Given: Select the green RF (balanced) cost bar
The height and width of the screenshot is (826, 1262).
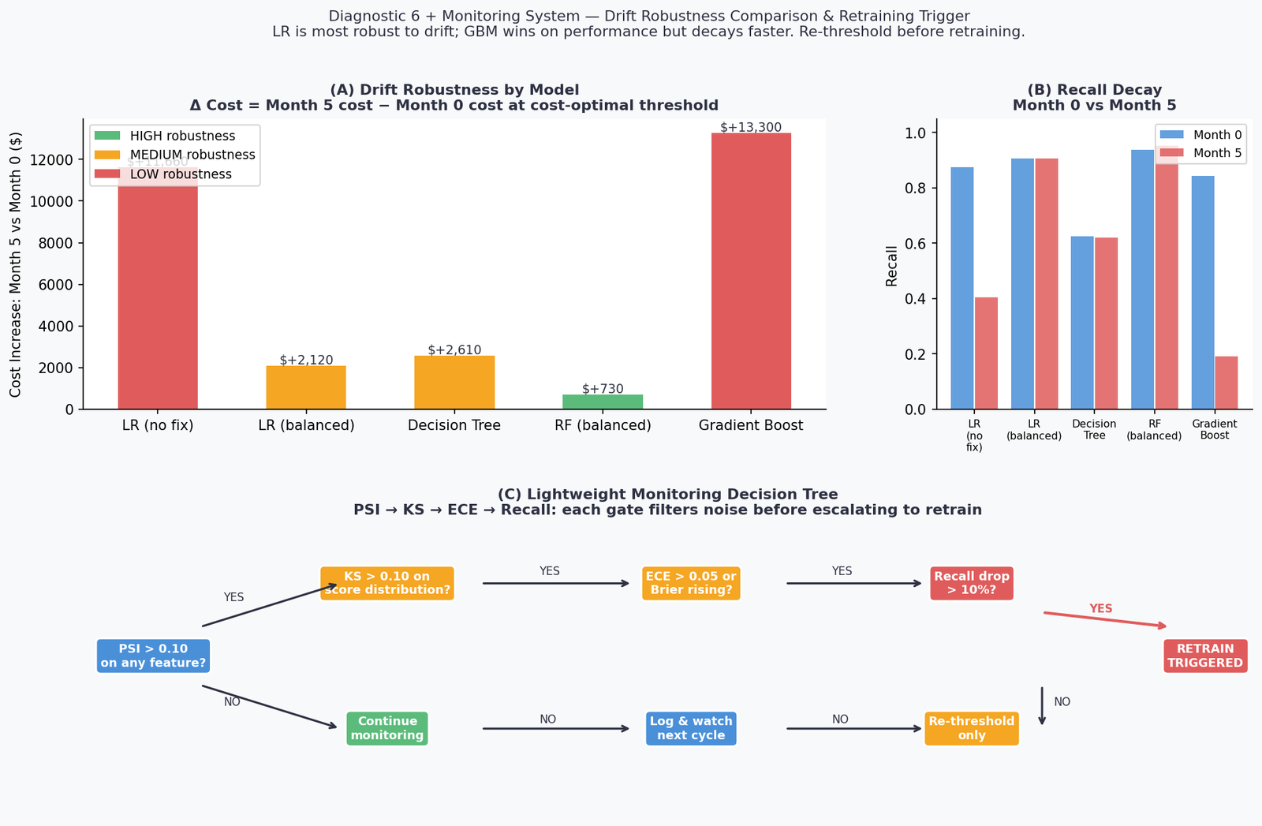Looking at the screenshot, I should click(x=603, y=402).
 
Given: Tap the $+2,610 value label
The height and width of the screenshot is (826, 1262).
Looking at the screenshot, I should click(x=454, y=349).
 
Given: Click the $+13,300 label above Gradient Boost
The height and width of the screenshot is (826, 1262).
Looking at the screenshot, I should click(x=751, y=127).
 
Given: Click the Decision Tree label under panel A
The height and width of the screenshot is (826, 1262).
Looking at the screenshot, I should click(x=454, y=425).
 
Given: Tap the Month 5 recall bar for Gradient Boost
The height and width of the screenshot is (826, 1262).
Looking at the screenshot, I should click(x=1227, y=383).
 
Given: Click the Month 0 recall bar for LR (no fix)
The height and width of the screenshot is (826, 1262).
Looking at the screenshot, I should click(x=962, y=288).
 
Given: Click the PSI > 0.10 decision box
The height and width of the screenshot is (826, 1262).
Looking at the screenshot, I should click(x=153, y=656).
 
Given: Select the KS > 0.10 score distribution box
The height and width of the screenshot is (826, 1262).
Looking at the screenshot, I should click(x=387, y=583).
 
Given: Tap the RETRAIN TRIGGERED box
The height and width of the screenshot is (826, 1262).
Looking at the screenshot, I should click(x=1205, y=656).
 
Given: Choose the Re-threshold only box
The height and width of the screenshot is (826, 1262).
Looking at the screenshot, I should click(x=972, y=728).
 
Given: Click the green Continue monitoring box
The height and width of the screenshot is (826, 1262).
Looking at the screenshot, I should click(x=387, y=728).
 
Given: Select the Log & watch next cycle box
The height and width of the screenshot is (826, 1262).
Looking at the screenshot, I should click(x=691, y=728).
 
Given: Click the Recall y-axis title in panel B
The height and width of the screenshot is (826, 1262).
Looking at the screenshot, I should click(x=892, y=266).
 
